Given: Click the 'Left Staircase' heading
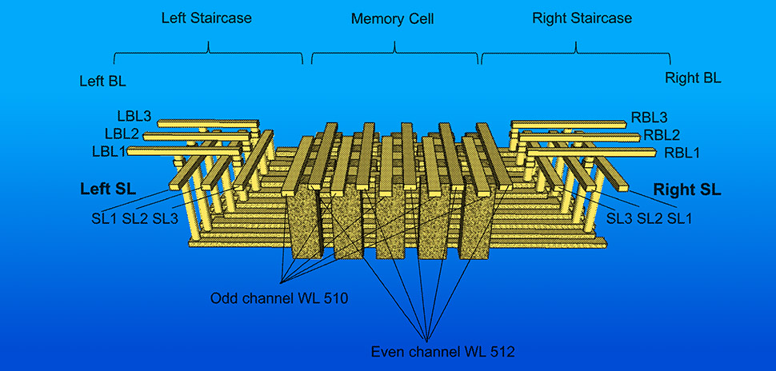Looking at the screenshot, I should pyautogui.click(x=207, y=18).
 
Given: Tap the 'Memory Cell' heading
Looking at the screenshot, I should pyautogui.click(x=392, y=18).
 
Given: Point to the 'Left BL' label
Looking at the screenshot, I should pyautogui.click(x=102, y=81).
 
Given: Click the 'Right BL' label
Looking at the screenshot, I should pyautogui.click(x=693, y=78).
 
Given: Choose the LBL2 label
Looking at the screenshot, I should pyautogui.click(x=122, y=134).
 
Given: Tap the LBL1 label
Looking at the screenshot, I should pyautogui.click(x=109, y=151).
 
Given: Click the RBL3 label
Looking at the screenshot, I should pyautogui.click(x=650, y=118).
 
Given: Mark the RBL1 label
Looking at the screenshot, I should pyautogui.click(x=682, y=152).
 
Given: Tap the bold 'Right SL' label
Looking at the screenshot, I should pyautogui.click(x=687, y=190).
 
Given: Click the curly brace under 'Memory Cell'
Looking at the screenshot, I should pyautogui.click(x=395, y=54).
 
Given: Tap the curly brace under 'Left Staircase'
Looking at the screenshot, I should pyautogui.click(x=208, y=54).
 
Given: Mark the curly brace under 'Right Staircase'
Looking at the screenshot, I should pyautogui.click(x=576, y=54).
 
